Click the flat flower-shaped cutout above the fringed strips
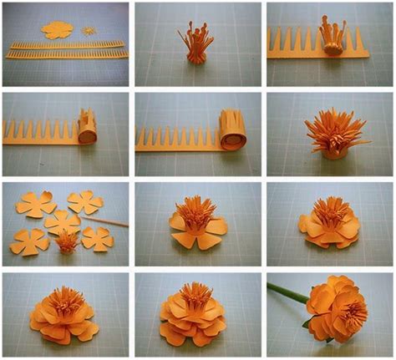(x=57, y=30)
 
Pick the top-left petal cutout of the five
(x=31, y=204)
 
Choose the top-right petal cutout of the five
(x=84, y=201)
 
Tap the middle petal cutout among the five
(x=62, y=222)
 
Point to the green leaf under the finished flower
(x=310, y=321)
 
